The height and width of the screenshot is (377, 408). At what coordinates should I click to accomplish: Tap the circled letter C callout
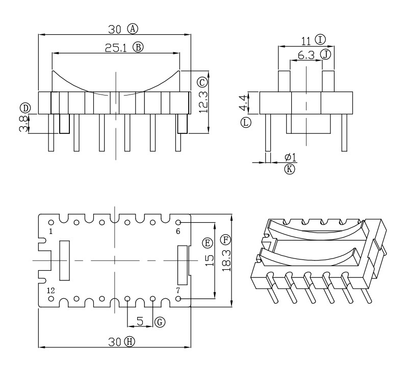(202, 82)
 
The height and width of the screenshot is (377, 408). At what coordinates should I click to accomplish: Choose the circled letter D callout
(24, 107)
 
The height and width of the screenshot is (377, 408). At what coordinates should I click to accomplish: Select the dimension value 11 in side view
(305, 40)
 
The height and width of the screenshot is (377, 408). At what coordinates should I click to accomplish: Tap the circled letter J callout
(326, 54)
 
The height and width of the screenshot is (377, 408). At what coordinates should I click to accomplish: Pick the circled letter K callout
(290, 169)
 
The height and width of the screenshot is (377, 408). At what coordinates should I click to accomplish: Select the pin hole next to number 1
(52, 223)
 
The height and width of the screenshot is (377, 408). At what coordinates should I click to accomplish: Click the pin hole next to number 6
(178, 223)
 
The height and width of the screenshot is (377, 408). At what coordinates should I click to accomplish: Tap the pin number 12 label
(50, 290)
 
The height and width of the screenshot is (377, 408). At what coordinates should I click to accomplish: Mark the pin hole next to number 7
(178, 298)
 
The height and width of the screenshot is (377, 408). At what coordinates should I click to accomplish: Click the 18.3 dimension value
(225, 260)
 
